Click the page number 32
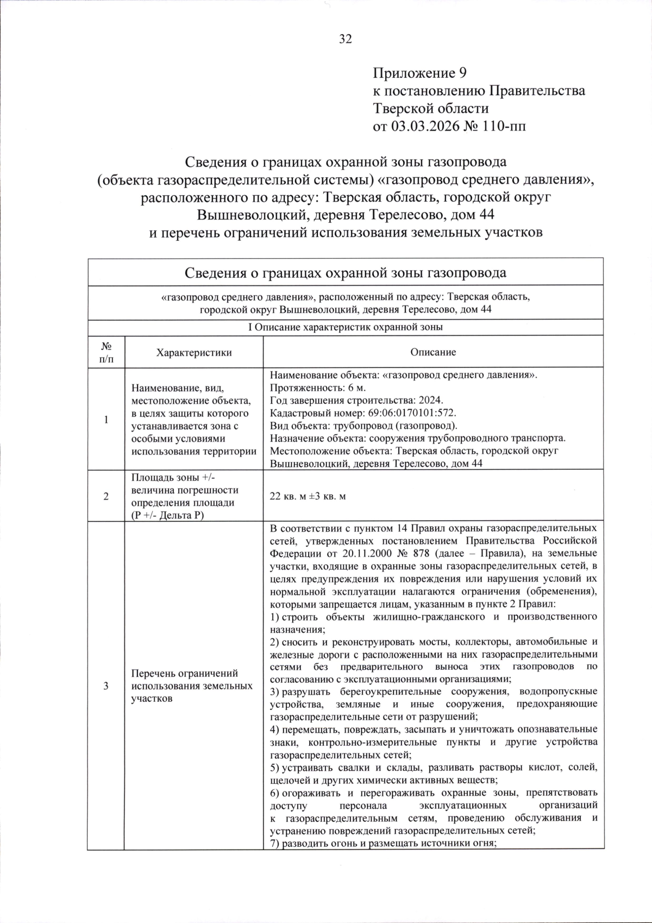(346, 39)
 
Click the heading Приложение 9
(419, 73)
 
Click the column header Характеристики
(193, 352)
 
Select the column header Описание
(433, 352)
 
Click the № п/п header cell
(106, 352)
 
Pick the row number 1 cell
(106, 420)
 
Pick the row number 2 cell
(106, 496)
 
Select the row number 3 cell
(106, 686)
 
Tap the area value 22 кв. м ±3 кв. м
(308, 497)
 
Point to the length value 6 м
(355, 388)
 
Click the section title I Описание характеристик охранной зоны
(346, 327)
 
